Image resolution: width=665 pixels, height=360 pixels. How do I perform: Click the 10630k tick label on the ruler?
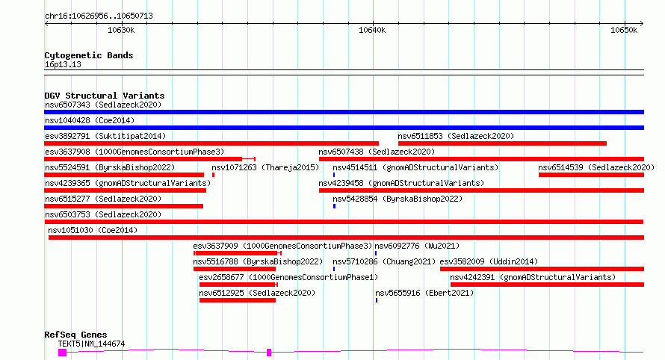point(121,30)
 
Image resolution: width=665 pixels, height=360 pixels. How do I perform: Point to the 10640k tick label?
point(372,30)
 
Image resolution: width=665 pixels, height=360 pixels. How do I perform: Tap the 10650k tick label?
point(624,30)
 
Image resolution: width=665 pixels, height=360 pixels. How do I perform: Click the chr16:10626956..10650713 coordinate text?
point(99,16)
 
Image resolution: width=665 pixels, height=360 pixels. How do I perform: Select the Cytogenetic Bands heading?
point(89,55)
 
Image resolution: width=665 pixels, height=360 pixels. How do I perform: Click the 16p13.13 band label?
point(63,64)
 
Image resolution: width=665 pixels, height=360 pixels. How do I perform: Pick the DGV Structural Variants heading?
point(105,96)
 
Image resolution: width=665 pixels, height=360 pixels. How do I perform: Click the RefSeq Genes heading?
point(75,335)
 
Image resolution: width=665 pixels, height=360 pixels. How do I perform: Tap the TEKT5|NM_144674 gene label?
point(92,344)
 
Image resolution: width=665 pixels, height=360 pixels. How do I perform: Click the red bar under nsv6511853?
point(502,143)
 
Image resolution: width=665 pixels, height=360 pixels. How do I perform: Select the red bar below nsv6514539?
point(591,175)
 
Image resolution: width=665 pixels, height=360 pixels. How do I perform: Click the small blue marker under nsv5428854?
point(334,206)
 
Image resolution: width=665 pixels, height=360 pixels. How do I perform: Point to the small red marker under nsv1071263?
point(214,175)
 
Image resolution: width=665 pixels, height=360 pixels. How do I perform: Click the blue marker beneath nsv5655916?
point(376,300)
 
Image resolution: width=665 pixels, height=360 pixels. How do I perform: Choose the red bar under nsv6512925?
point(238,300)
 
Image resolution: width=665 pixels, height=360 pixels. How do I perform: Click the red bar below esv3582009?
point(542,269)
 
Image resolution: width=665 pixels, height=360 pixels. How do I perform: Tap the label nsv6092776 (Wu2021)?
point(417,246)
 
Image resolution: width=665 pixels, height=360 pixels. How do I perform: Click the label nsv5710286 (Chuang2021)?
point(384,261)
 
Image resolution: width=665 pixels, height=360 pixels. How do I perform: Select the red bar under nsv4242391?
point(547,285)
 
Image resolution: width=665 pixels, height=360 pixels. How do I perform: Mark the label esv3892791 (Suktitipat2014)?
point(105,136)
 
